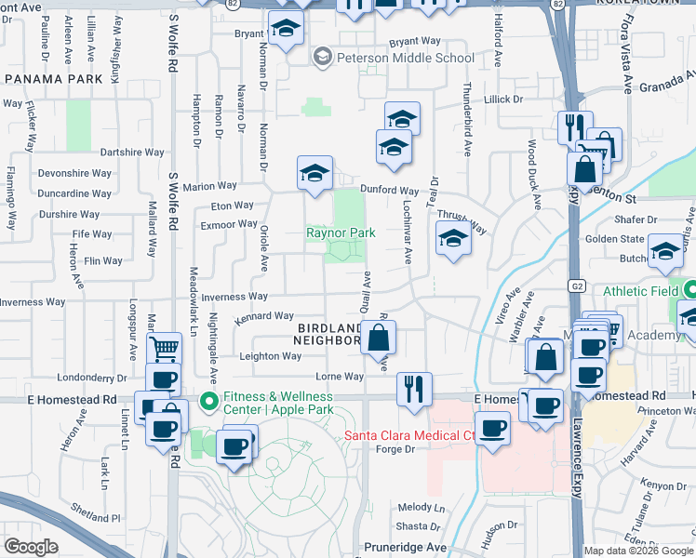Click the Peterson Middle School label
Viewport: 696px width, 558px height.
click(x=406, y=58)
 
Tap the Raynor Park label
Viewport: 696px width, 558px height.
click(x=341, y=232)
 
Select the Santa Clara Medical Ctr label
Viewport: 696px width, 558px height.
click(x=409, y=435)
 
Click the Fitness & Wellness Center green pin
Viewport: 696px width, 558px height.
click(x=208, y=402)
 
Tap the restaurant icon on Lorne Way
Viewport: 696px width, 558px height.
click(x=413, y=387)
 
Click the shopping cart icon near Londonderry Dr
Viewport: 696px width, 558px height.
click(x=164, y=350)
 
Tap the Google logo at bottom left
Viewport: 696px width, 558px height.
click(x=31, y=547)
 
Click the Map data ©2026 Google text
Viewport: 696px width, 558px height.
click(x=638, y=551)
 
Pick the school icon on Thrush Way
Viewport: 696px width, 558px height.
click(x=453, y=239)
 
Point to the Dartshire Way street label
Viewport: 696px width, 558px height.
click(x=132, y=152)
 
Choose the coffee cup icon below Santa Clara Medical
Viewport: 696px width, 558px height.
click(x=492, y=430)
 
